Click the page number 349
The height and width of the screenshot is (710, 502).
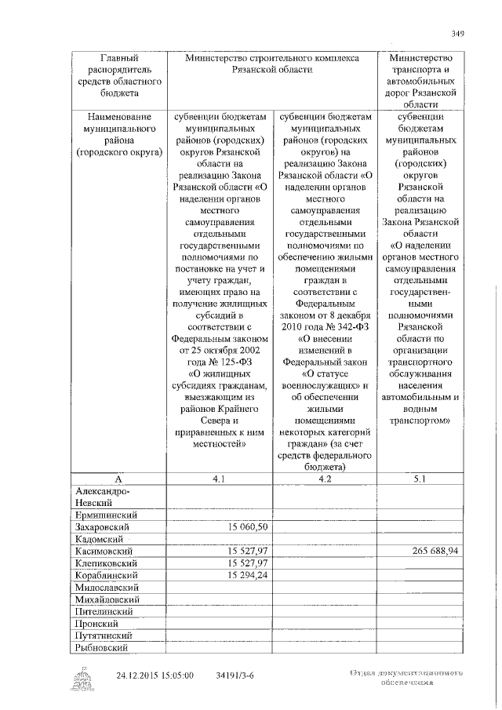(x=458, y=33)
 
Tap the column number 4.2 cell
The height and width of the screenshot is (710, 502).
(x=325, y=479)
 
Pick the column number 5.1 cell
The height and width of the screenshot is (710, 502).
(x=419, y=479)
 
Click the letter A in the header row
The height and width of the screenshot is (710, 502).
(x=116, y=479)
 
